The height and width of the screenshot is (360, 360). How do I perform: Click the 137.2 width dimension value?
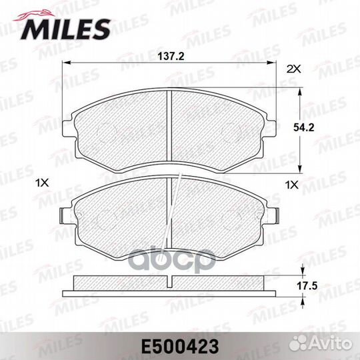tap(171, 56)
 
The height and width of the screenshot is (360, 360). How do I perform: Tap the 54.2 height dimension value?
tap(303, 127)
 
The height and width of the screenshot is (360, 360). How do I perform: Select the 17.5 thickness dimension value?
tap(307, 286)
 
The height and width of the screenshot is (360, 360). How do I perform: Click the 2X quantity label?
tap(293, 69)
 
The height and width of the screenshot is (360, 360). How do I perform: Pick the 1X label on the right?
tap(291, 185)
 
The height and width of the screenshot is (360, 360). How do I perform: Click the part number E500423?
tap(180, 347)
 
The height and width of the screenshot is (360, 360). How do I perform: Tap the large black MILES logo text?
tap(65, 29)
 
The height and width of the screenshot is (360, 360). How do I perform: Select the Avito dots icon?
tap(297, 343)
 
